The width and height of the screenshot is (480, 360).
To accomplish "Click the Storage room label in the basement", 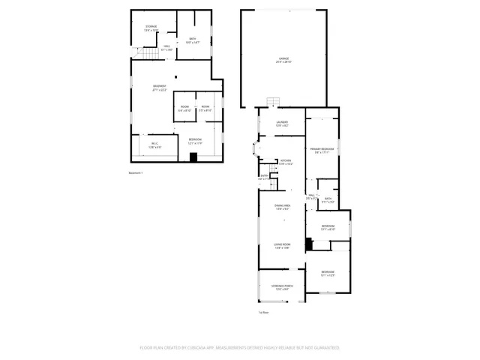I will [x=151, y=28].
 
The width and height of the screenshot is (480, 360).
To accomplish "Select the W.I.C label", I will [x=154, y=145].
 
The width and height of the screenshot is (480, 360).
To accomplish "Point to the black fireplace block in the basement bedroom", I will [x=193, y=157].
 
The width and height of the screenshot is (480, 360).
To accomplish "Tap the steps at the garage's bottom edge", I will [x=275, y=103].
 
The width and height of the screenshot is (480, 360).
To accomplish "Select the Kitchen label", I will [x=286, y=162].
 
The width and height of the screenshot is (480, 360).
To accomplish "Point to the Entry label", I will [x=263, y=178].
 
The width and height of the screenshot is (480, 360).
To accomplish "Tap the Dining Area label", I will [x=282, y=207].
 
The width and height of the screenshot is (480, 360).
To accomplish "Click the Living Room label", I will [x=282, y=246].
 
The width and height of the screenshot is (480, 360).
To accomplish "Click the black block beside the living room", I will [x=308, y=244].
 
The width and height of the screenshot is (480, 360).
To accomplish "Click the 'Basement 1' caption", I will [x=136, y=173].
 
